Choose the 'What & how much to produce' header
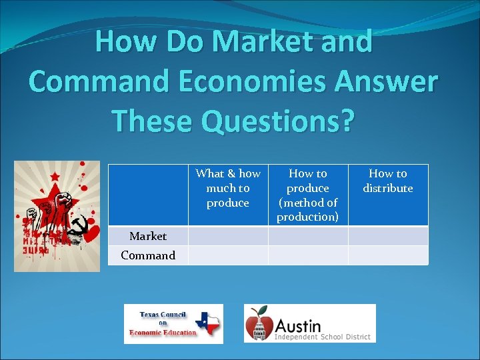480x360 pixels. pyautogui.click(x=228, y=188)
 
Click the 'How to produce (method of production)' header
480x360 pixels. pyautogui.click(x=308, y=195)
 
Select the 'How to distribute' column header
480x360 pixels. pyautogui.click(x=388, y=181)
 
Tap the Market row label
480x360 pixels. pyautogui.click(x=148, y=236)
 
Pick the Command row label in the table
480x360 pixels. pyautogui.click(x=148, y=255)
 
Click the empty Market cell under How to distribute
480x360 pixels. pyautogui.click(x=388, y=236)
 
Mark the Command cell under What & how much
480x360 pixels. pyautogui.click(x=228, y=255)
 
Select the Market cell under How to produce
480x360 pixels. pyautogui.click(x=308, y=236)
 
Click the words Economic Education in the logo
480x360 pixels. pyautogui.click(x=163, y=333)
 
